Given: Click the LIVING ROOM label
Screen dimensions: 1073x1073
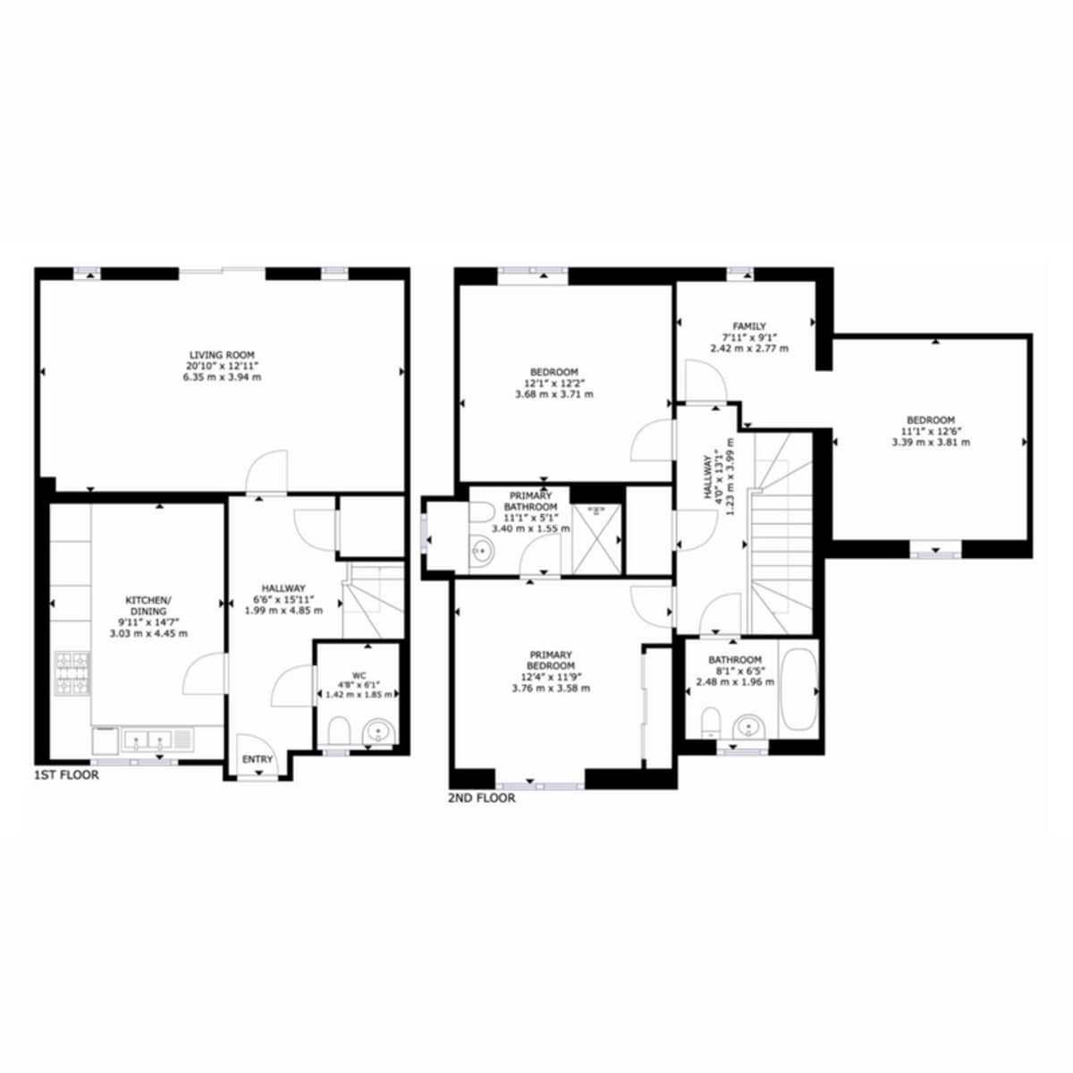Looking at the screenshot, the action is click(x=222, y=355).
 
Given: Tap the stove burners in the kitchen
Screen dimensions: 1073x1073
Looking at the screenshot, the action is click(x=72, y=673).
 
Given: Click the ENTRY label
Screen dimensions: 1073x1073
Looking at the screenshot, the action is click(x=258, y=759).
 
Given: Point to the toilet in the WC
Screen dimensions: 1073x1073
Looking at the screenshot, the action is click(x=339, y=731).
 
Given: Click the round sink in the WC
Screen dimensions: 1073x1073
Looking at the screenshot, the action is click(x=378, y=731).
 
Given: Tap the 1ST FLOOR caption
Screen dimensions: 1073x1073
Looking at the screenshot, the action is click(x=67, y=775).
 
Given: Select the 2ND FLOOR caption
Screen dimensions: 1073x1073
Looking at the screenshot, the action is click(x=482, y=798).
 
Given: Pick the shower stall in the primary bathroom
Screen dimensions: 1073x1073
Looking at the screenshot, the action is click(x=596, y=539).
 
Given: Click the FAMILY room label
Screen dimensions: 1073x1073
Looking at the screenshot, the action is click(x=749, y=326).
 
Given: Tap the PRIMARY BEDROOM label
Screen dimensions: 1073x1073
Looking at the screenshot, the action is click(x=551, y=660).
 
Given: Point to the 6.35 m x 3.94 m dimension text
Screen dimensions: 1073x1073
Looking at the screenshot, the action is click(x=222, y=377).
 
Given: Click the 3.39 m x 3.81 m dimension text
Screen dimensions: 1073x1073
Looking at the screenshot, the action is click(x=931, y=443).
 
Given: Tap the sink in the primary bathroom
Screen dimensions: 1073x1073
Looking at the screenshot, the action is click(x=482, y=551).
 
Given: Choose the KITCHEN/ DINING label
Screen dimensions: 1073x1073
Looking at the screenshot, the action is click(x=148, y=605).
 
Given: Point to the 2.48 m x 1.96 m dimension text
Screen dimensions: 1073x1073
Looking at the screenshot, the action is click(x=735, y=682).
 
